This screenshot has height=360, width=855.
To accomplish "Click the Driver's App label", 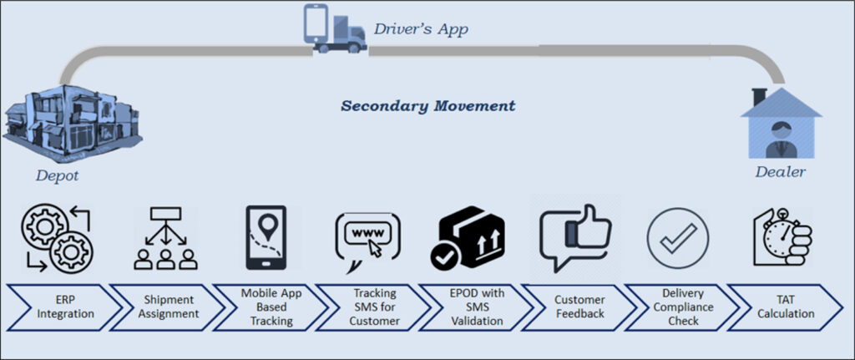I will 420,30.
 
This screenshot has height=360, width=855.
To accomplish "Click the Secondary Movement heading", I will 427,106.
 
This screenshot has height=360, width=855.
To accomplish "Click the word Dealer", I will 780,172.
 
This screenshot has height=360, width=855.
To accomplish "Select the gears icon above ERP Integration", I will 58,239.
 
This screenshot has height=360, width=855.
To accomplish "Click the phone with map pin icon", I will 267,238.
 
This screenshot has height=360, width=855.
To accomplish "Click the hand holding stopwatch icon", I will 782,238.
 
